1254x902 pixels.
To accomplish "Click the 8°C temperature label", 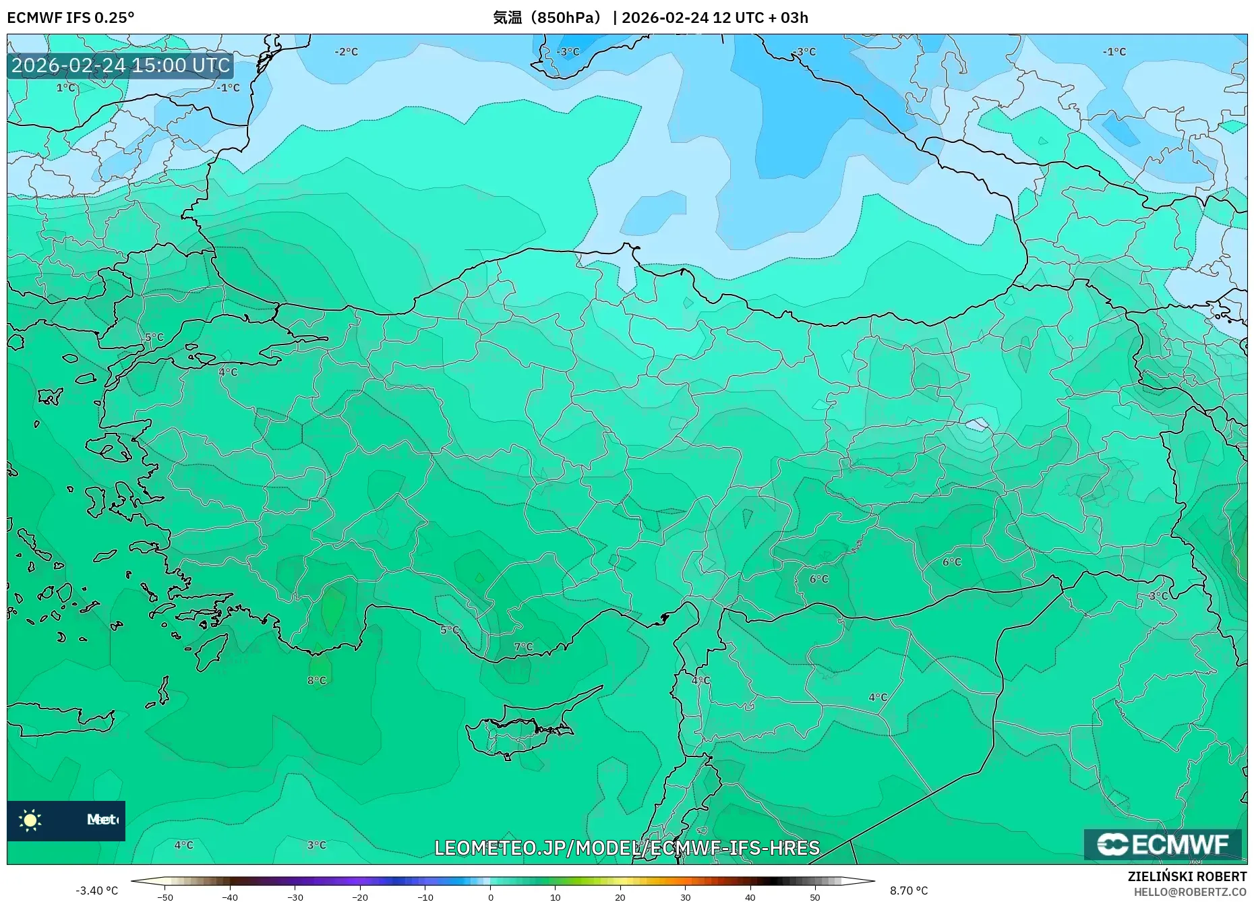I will click(x=317, y=681).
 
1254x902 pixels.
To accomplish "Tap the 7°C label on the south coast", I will click(x=523, y=647).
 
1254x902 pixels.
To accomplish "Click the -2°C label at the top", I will click(x=347, y=52).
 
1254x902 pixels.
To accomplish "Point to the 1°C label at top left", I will click(x=65, y=88).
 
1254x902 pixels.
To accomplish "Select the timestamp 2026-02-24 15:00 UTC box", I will click(x=121, y=65).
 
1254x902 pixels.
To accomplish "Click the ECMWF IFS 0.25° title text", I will click(x=71, y=18).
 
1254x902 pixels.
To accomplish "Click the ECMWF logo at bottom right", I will click(x=1162, y=844).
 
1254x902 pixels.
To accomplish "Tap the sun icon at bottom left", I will click(x=30, y=820).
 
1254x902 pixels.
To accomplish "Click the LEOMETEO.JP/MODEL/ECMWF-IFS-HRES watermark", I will click(x=627, y=848).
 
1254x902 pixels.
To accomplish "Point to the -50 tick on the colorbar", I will click(x=165, y=897).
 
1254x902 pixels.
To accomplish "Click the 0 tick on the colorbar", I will click(x=491, y=897).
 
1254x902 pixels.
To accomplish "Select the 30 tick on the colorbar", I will click(x=685, y=897).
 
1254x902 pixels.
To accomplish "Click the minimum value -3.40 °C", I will click(x=96, y=891).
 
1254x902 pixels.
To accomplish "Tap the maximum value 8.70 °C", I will click(x=909, y=891).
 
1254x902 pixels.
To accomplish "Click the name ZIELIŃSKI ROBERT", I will click(x=1187, y=876).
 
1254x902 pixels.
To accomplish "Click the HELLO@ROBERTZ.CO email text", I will click(x=1190, y=892).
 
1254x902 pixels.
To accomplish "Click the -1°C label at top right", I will click(x=1114, y=52).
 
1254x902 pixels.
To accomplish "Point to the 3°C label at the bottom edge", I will click(x=317, y=845).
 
